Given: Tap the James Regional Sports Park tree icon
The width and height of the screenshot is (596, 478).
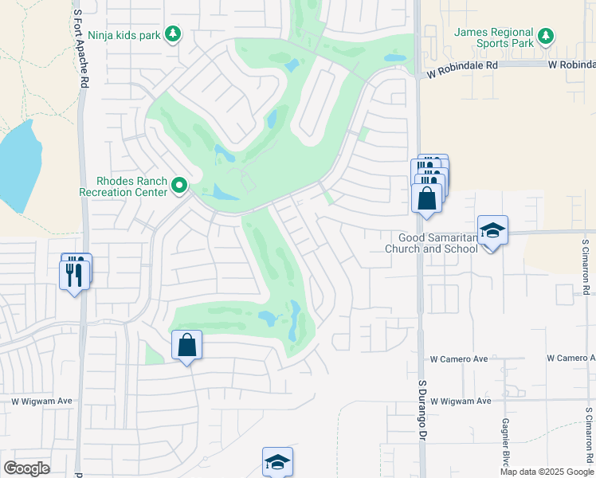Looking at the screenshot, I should pyautogui.click(x=545, y=36).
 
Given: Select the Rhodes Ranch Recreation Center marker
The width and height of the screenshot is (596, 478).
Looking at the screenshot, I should pyautogui.click(x=180, y=186).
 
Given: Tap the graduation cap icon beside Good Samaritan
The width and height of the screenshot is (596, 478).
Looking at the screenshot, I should pyautogui.click(x=492, y=231).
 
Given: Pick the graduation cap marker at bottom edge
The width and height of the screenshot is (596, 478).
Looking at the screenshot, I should pyautogui.click(x=277, y=462).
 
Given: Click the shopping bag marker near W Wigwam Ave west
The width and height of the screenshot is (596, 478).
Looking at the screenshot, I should pyautogui.click(x=186, y=346).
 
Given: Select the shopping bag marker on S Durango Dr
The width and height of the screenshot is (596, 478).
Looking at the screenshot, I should pyautogui.click(x=426, y=198).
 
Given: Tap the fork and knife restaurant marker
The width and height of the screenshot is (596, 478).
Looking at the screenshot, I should pyautogui.click(x=75, y=274).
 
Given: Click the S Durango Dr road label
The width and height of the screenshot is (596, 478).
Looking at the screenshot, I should pyautogui.click(x=422, y=409).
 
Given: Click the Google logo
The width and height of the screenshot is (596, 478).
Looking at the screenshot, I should pyautogui.click(x=26, y=468).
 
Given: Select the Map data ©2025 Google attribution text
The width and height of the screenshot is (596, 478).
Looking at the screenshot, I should pyautogui.click(x=546, y=472).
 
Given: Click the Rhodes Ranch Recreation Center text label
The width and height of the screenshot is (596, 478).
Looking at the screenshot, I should pyautogui.click(x=124, y=186).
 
